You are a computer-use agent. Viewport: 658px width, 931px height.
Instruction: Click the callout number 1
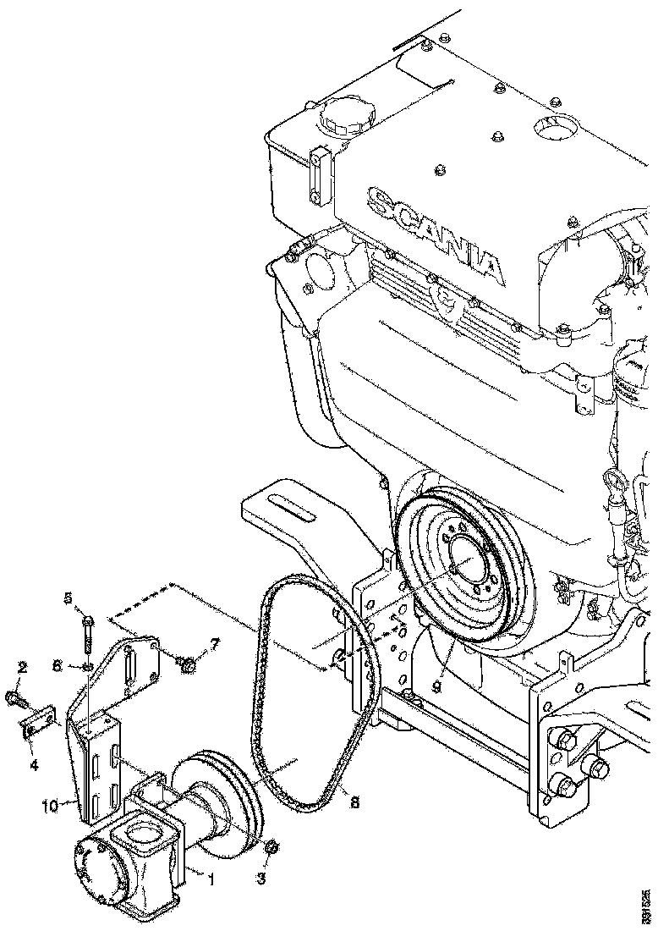pyautogui.click(x=211, y=879)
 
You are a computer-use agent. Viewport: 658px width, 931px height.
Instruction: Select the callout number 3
pyautogui.click(x=261, y=879)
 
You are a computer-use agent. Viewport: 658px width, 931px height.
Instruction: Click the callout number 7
pyautogui.click(x=214, y=646)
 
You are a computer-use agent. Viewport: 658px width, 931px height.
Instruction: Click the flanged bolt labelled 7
pyautogui.click(x=189, y=666)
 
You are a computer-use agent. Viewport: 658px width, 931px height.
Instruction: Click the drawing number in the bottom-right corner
pyautogui.click(x=647, y=905)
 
